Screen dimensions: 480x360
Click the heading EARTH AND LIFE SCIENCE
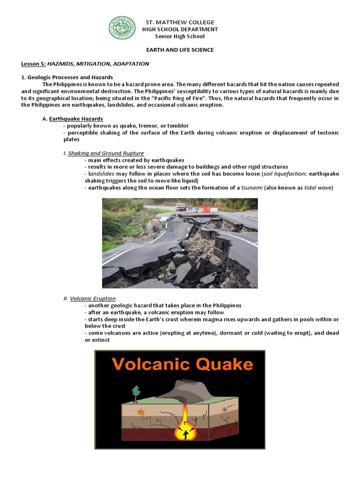click(180, 50)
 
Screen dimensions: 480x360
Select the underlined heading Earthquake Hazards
click(76, 119)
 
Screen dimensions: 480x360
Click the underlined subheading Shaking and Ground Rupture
click(106, 153)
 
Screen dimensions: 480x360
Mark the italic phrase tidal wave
click(317, 187)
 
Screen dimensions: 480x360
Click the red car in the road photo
click(181, 207)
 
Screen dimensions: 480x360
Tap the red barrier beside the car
click(203, 209)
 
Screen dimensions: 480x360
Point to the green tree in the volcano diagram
click(136, 392)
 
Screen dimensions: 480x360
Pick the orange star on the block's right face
click(231, 415)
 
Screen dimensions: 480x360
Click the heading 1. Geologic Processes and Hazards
click(67, 77)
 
